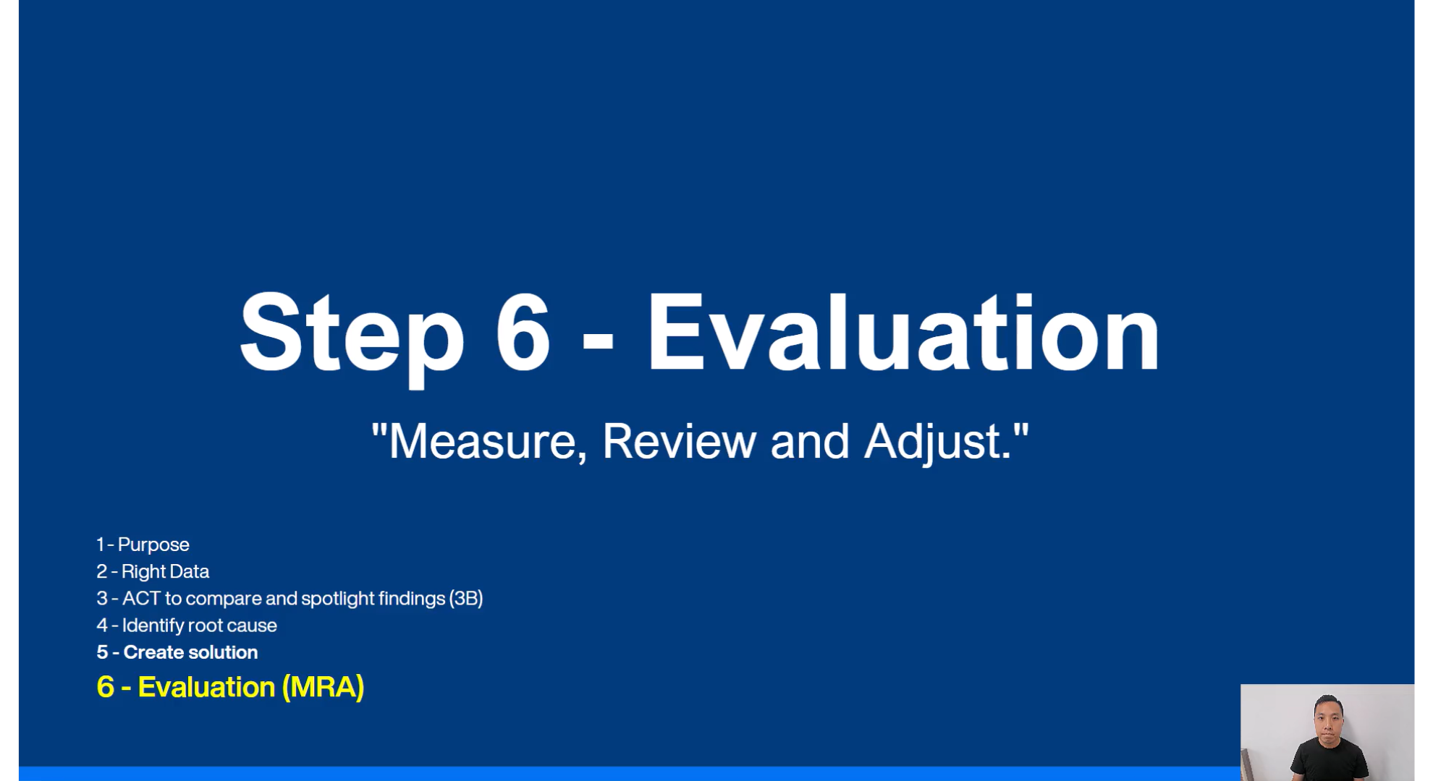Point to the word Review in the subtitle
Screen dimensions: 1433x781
click(x=679, y=441)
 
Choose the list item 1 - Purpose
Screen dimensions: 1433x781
click(x=143, y=545)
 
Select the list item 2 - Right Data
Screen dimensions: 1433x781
click(x=153, y=571)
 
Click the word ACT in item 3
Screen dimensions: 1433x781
click(x=141, y=598)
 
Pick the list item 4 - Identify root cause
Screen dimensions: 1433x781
click(x=187, y=626)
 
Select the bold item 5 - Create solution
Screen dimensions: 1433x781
click(x=177, y=652)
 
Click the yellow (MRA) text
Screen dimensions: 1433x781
click(x=323, y=687)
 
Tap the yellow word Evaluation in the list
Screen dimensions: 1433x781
click(x=206, y=687)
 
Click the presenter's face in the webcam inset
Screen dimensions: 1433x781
click(x=1328, y=720)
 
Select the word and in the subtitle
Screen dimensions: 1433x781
click(x=810, y=441)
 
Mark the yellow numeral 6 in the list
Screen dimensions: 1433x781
click(x=106, y=687)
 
